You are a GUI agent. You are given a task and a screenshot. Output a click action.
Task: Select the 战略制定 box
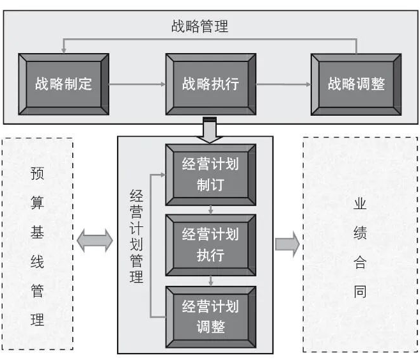tap(63, 84)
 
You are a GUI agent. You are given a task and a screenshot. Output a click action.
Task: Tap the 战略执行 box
tap(210, 84)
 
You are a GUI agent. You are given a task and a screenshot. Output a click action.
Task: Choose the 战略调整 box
tap(356, 84)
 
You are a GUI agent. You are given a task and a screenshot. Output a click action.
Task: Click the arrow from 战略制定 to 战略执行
tap(137, 84)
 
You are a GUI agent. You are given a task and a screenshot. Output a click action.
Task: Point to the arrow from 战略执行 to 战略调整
tap(283, 84)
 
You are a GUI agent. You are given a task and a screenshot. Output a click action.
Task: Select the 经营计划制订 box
tap(210, 175)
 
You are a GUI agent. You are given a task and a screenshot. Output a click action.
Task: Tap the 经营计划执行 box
tap(210, 244)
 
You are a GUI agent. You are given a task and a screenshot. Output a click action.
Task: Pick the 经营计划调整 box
tap(210, 316)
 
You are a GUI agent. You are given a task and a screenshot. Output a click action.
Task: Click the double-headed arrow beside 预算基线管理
tap(95, 241)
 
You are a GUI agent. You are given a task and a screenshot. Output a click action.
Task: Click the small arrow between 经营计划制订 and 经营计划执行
tap(210, 209)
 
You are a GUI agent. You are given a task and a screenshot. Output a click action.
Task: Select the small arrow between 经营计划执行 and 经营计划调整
tap(210, 279)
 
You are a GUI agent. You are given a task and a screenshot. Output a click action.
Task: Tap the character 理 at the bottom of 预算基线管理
tap(37, 320)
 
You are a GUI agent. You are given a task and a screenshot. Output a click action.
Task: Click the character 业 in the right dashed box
tap(360, 204)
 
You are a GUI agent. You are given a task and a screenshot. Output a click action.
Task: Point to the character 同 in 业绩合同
tap(360, 292)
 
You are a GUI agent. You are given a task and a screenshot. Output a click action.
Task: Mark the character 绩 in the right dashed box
tap(360, 233)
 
